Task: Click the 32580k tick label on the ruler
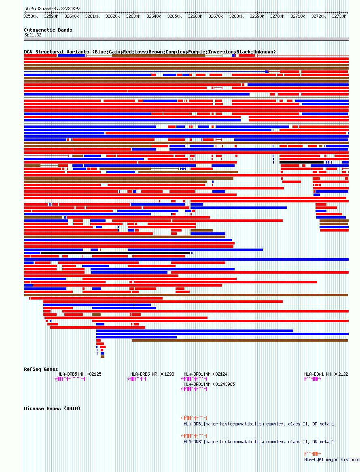30,17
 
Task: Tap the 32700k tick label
277,17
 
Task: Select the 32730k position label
339,17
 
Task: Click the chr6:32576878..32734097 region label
52,9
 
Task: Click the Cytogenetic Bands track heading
48,30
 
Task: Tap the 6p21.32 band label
33,35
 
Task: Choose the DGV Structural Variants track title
150,52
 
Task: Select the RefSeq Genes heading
41,369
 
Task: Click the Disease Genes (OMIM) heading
52,408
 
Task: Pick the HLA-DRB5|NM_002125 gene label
79,374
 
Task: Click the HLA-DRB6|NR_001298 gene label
152,374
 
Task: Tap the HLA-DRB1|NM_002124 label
205,374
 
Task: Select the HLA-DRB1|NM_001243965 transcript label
209,384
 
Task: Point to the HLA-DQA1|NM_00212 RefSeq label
326,374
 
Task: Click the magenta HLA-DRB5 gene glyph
70,379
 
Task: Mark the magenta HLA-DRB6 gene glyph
137,379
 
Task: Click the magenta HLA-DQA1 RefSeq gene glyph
313,379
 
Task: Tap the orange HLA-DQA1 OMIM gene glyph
313,453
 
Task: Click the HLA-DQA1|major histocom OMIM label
332,459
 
